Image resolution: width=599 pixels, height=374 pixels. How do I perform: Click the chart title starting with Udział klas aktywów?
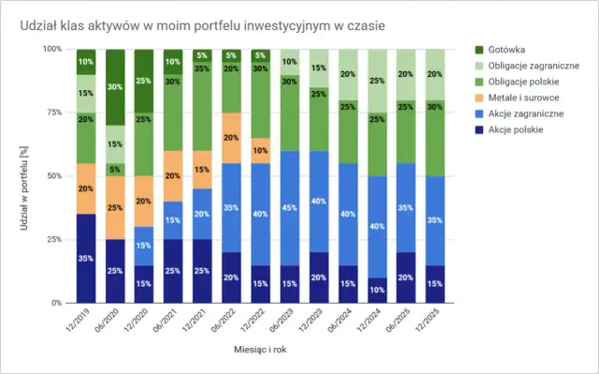point(200,22)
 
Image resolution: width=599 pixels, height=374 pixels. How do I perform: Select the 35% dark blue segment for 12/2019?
point(86,258)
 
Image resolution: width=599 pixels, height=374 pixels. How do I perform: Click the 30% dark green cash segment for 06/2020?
point(115,87)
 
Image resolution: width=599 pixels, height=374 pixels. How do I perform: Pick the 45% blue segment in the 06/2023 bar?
point(289,207)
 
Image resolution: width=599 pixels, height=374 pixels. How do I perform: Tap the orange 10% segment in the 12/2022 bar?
point(260,151)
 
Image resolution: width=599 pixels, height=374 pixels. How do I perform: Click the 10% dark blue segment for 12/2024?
point(376,290)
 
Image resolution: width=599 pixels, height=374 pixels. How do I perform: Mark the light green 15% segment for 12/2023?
point(318,68)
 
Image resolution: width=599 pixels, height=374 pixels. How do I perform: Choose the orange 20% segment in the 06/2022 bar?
point(231,138)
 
